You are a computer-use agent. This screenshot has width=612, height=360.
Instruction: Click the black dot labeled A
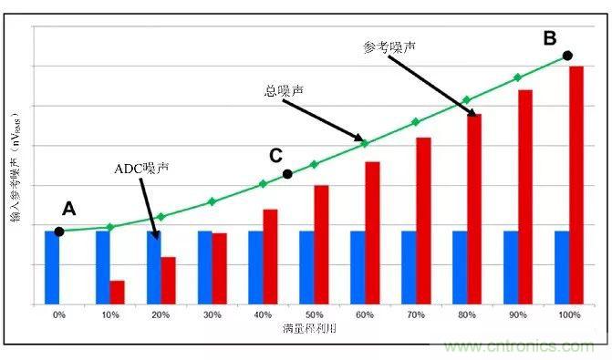click(x=59, y=231)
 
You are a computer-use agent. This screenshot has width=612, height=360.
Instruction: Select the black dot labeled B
click(x=567, y=56)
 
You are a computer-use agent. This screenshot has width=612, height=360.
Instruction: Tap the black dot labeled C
click(x=287, y=174)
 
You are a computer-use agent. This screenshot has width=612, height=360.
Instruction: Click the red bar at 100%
click(x=576, y=185)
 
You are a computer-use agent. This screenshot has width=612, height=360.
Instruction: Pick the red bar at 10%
click(x=117, y=293)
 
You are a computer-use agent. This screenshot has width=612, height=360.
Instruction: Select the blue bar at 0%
click(x=52, y=268)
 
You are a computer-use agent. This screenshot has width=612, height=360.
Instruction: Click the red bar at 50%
click(x=321, y=244)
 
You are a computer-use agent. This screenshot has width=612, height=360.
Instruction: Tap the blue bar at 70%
click(x=409, y=268)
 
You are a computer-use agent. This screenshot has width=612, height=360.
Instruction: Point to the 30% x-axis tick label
click(x=212, y=314)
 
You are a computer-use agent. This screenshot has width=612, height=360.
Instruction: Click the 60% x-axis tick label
click(x=365, y=314)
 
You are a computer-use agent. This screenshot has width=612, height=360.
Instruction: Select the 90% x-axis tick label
click(x=518, y=314)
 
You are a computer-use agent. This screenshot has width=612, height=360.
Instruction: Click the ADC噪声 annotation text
click(x=141, y=169)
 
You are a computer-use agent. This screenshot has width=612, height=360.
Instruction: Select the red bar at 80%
click(x=474, y=209)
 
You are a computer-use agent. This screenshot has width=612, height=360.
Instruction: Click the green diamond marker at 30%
click(x=212, y=201)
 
